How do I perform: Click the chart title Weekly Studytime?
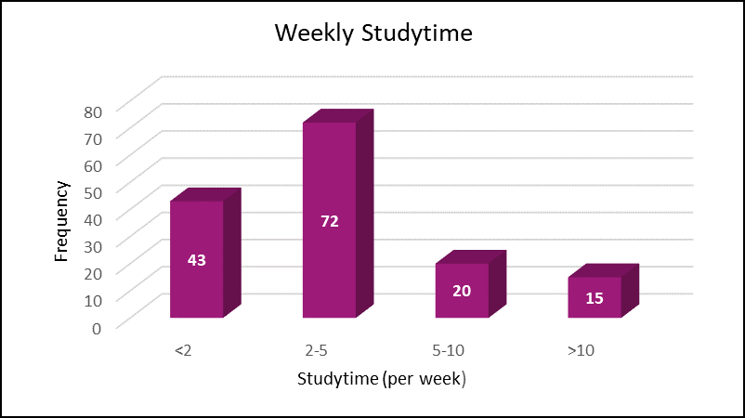click(x=373, y=34)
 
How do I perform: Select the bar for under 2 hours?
click(x=196, y=279)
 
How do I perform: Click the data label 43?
click(x=196, y=260)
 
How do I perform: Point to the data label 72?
click(x=329, y=221)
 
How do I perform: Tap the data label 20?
click(x=462, y=291)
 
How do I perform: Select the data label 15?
click(x=595, y=299)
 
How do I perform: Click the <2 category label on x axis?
click(x=182, y=350)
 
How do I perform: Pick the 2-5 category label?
click(x=315, y=350)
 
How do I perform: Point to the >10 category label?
click(x=581, y=350)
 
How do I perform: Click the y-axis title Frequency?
click(x=61, y=220)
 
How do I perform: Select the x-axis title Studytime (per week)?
click(x=381, y=379)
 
